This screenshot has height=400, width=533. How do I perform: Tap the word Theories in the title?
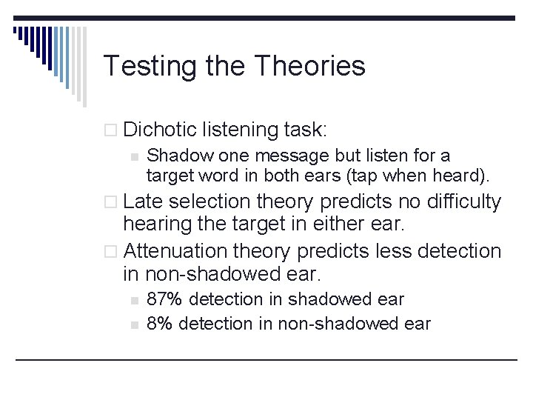click(x=309, y=66)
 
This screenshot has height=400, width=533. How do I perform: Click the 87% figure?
click(x=164, y=299)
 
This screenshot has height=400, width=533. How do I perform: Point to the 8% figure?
click(x=159, y=324)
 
